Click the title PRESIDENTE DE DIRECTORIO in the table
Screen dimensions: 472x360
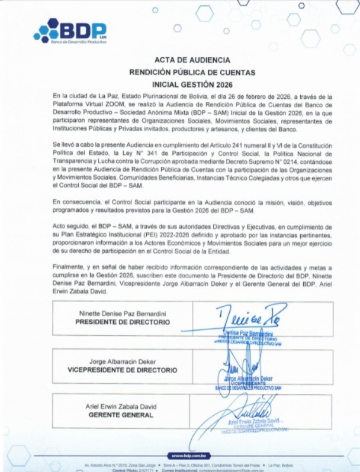point(120,322)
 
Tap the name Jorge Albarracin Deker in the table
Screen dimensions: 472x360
point(120,360)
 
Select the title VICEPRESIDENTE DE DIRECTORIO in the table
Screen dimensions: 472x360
point(120,370)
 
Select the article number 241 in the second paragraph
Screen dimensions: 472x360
point(247,144)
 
